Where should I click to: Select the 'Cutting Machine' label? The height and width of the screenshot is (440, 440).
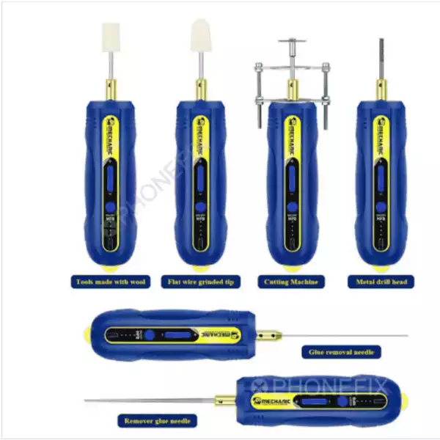(291, 282)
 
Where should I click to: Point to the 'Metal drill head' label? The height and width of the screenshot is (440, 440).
(381, 282)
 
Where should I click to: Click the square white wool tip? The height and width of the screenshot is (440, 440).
(111, 37)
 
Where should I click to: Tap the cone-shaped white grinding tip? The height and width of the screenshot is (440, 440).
(201, 35)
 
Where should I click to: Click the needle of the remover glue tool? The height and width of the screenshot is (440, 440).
(147, 400)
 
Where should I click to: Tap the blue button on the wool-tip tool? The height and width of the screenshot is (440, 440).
(110, 177)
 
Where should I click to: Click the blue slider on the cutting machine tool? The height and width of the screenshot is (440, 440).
(291, 176)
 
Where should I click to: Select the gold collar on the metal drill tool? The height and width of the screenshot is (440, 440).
(380, 90)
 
